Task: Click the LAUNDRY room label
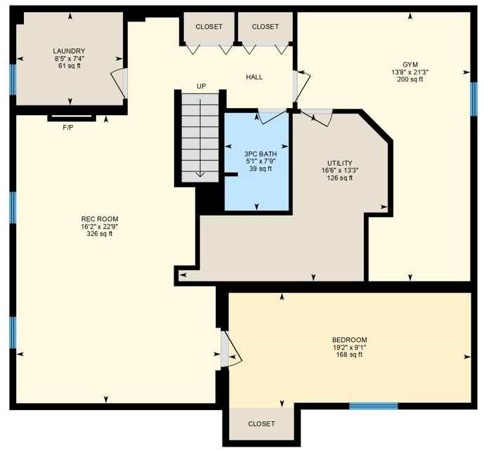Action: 69,51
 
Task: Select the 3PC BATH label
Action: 260,153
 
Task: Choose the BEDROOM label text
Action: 349,340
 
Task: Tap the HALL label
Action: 254,77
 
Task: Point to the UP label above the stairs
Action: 202,86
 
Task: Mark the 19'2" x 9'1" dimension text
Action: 349,347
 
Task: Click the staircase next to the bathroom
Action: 200,137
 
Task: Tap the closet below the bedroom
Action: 261,424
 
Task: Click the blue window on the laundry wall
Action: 13,79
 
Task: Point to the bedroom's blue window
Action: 374,406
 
